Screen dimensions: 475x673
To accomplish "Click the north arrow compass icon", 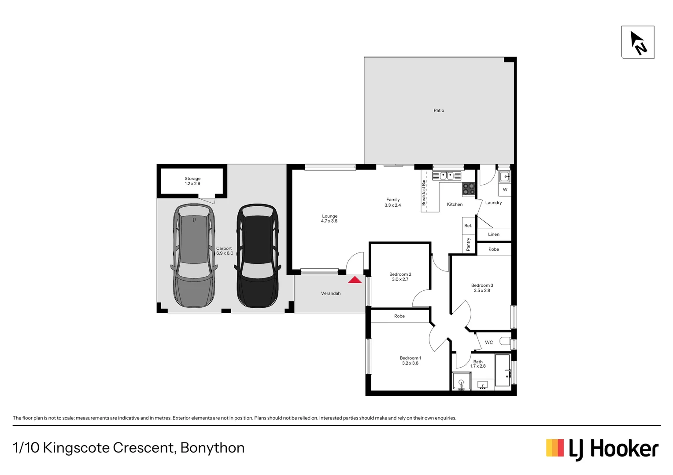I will (x=637, y=42).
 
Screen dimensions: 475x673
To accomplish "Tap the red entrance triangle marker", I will (x=355, y=280).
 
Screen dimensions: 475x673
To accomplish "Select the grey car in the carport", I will (x=194, y=256).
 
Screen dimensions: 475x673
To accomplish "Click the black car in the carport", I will (x=258, y=256).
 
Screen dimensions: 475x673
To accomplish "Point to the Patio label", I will (x=439, y=110).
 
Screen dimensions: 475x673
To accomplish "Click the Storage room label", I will (x=192, y=179).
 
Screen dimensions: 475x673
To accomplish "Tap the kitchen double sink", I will (x=447, y=176).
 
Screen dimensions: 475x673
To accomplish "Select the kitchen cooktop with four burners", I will (x=469, y=189).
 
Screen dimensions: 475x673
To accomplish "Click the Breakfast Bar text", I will (x=424, y=193).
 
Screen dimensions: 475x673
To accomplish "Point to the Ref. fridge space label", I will (x=468, y=226).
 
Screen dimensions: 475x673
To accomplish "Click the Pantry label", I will (x=468, y=244).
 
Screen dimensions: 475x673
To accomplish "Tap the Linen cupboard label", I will (x=494, y=234).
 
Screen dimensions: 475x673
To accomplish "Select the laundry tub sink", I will (x=505, y=177).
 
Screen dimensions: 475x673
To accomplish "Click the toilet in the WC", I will (x=506, y=342).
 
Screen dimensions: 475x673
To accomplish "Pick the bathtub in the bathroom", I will (x=502, y=370).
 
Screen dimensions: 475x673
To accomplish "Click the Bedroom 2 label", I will (x=400, y=274).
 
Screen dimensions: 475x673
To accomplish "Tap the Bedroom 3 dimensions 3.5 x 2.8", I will (x=482, y=291).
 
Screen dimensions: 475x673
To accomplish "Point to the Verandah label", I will (x=330, y=293).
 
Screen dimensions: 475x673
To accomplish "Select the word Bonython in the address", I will (x=212, y=448).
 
